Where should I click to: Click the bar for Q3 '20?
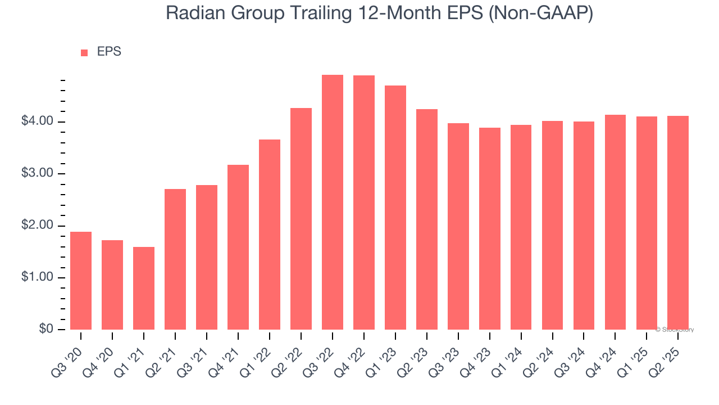coord(81,281)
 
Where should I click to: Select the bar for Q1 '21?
coord(144,288)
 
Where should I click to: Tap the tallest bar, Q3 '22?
coord(333,202)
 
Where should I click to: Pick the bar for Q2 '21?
coord(175,259)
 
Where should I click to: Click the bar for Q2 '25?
coord(678,223)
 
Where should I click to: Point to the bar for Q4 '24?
coord(615,222)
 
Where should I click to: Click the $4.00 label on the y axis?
coord(38,122)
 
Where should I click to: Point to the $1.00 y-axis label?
coord(38,278)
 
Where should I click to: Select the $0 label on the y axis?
coord(45,330)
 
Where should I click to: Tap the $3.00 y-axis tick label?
coord(38,174)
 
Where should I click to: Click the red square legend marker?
coord(84,53)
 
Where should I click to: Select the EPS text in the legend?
coord(109,52)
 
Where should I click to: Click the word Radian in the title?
coord(194,13)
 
